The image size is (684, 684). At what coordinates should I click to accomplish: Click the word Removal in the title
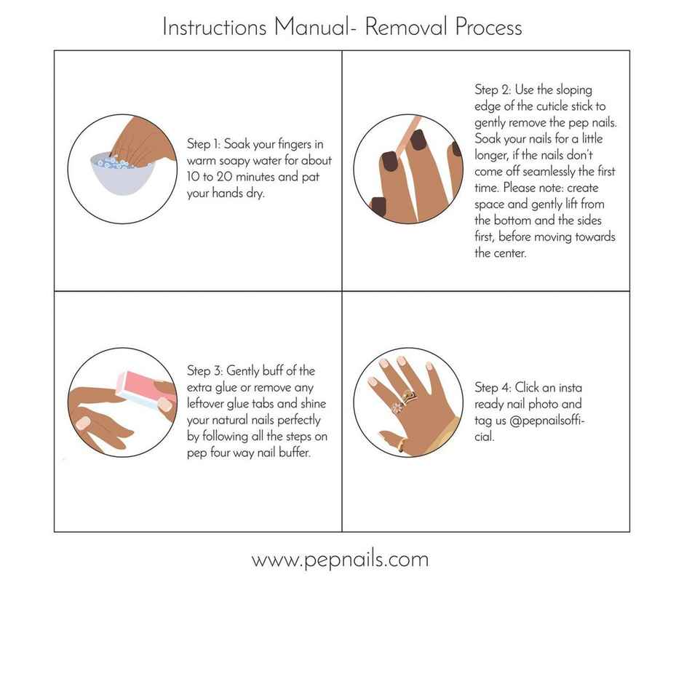point(406,27)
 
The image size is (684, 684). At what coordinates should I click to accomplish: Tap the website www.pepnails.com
point(340,559)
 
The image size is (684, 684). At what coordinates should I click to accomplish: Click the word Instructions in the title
point(215,27)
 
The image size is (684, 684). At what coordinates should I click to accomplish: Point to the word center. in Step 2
point(493,252)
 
